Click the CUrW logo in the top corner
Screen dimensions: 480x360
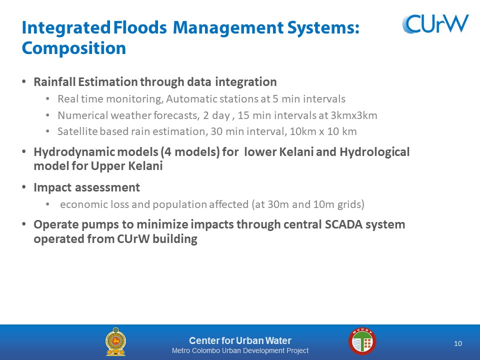tap(435, 23)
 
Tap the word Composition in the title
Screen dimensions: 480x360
tap(74, 48)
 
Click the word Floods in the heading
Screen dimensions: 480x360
tap(140, 27)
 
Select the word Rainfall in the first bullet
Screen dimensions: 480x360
tap(55, 81)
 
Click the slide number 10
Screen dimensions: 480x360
tap(458, 343)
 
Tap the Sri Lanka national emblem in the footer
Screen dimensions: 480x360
tap(115, 341)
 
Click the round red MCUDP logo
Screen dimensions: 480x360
tap(362, 341)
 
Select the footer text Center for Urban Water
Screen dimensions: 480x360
tap(240, 340)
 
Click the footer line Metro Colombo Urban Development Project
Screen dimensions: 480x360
tap(240, 350)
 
